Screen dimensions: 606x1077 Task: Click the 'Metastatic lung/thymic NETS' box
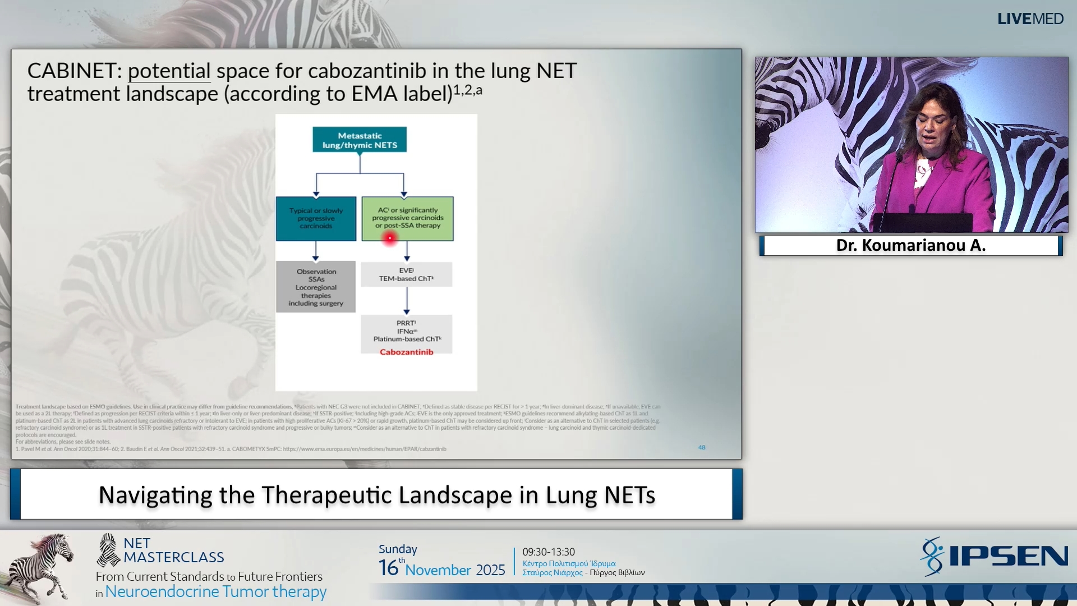(x=360, y=140)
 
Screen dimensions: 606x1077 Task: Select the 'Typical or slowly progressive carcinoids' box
(x=316, y=218)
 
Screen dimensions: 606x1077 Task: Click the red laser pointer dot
(x=389, y=238)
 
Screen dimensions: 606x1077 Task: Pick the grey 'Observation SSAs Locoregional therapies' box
(x=316, y=287)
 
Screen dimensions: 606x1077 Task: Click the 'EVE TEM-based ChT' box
(x=406, y=274)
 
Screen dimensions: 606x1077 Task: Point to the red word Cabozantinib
(x=406, y=352)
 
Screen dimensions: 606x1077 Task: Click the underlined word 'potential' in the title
(x=169, y=71)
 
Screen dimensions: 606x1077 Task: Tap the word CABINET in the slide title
(x=71, y=71)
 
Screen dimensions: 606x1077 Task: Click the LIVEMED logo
(x=1030, y=19)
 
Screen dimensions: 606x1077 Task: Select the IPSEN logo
(x=994, y=556)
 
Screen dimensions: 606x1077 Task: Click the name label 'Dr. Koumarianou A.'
(x=910, y=245)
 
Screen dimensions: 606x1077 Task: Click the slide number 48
(x=702, y=447)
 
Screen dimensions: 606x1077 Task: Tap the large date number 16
(x=388, y=568)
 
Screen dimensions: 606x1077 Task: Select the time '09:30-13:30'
(x=549, y=552)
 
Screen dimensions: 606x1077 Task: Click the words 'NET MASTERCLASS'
(x=173, y=550)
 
